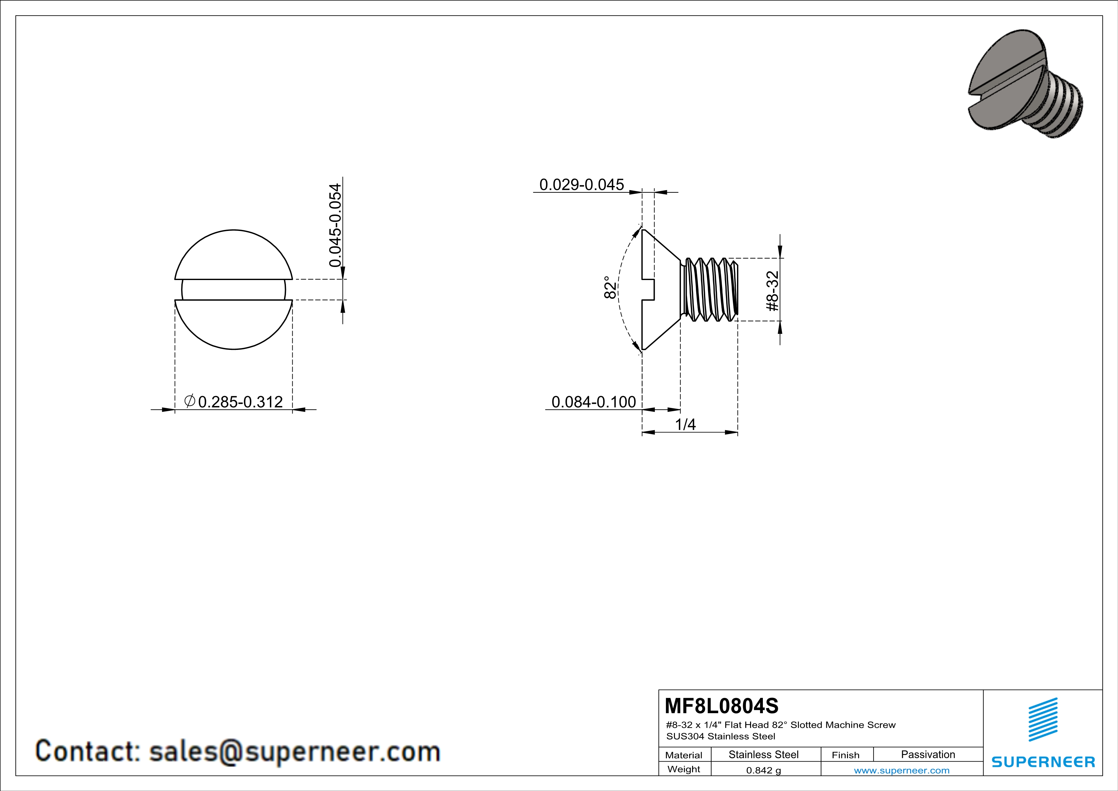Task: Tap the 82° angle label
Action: (610, 288)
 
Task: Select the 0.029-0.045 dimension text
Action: (581, 185)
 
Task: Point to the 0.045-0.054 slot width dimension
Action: (335, 225)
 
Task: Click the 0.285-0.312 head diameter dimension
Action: (240, 402)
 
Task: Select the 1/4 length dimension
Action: (685, 425)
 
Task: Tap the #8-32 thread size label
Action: (773, 291)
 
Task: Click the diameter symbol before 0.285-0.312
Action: (190, 401)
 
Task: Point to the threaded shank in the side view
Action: (709, 289)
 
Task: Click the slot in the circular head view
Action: (234, 290)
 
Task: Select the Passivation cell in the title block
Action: (928, 754)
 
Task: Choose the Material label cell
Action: (684, 755)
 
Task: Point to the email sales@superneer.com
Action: (294, 751)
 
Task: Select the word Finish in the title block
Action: (845, 755)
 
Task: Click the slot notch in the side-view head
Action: (649, 290)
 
